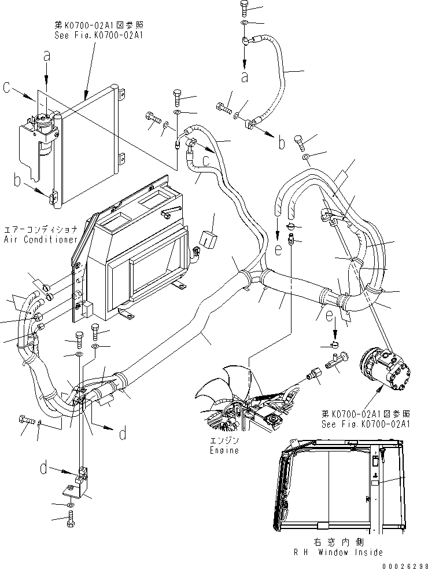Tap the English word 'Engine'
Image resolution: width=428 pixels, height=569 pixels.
point(224,450)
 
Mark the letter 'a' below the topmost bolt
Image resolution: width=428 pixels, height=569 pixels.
point(245,76)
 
